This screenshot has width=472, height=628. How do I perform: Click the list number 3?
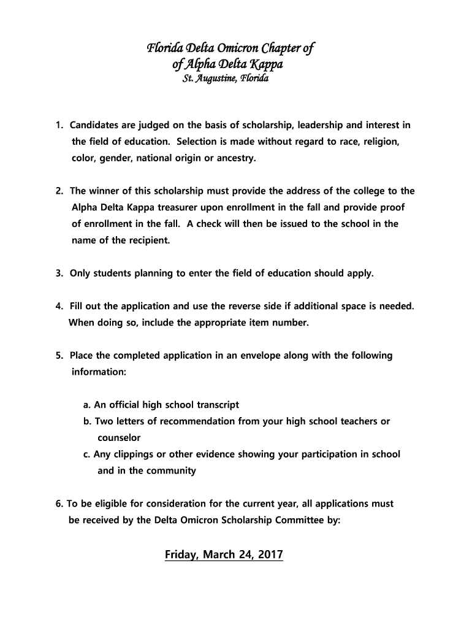[58, 273]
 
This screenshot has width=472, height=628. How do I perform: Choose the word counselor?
[119, 438]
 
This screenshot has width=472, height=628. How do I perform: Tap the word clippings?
[137, 454]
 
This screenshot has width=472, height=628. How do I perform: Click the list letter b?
[87, 421]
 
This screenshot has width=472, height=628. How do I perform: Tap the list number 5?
[58, 355]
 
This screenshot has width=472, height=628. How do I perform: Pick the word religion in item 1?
[381, 142]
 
